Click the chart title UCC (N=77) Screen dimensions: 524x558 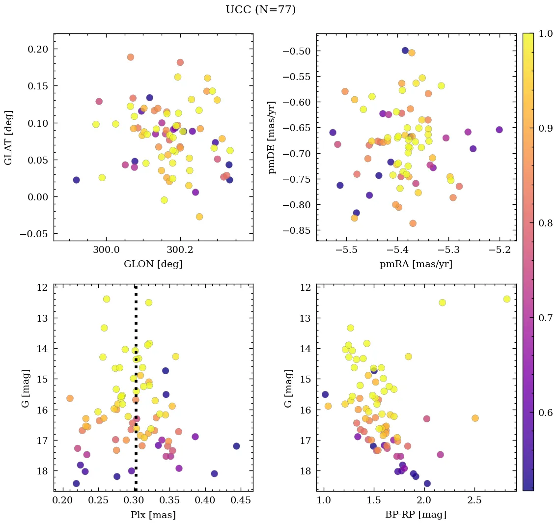(x=260, y=10)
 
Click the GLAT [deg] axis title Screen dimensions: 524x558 (x=8, y=137)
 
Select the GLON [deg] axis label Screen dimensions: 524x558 (x=153, y=264)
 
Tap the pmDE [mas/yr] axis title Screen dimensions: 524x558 (x=272, y=138)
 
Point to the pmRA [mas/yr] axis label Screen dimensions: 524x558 (x=416, y=264)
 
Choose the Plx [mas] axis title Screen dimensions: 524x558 (x=153, y=515)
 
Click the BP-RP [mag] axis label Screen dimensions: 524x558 (x=416, y=515)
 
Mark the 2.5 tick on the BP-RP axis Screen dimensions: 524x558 (x=474, y=500)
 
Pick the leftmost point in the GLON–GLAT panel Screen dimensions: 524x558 (x=76, y=180)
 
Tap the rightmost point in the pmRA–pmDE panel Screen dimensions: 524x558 (x=499, y=130)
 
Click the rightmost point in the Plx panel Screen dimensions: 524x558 (x=236, y=446)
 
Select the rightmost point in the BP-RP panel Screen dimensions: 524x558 (x=507, y=299)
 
